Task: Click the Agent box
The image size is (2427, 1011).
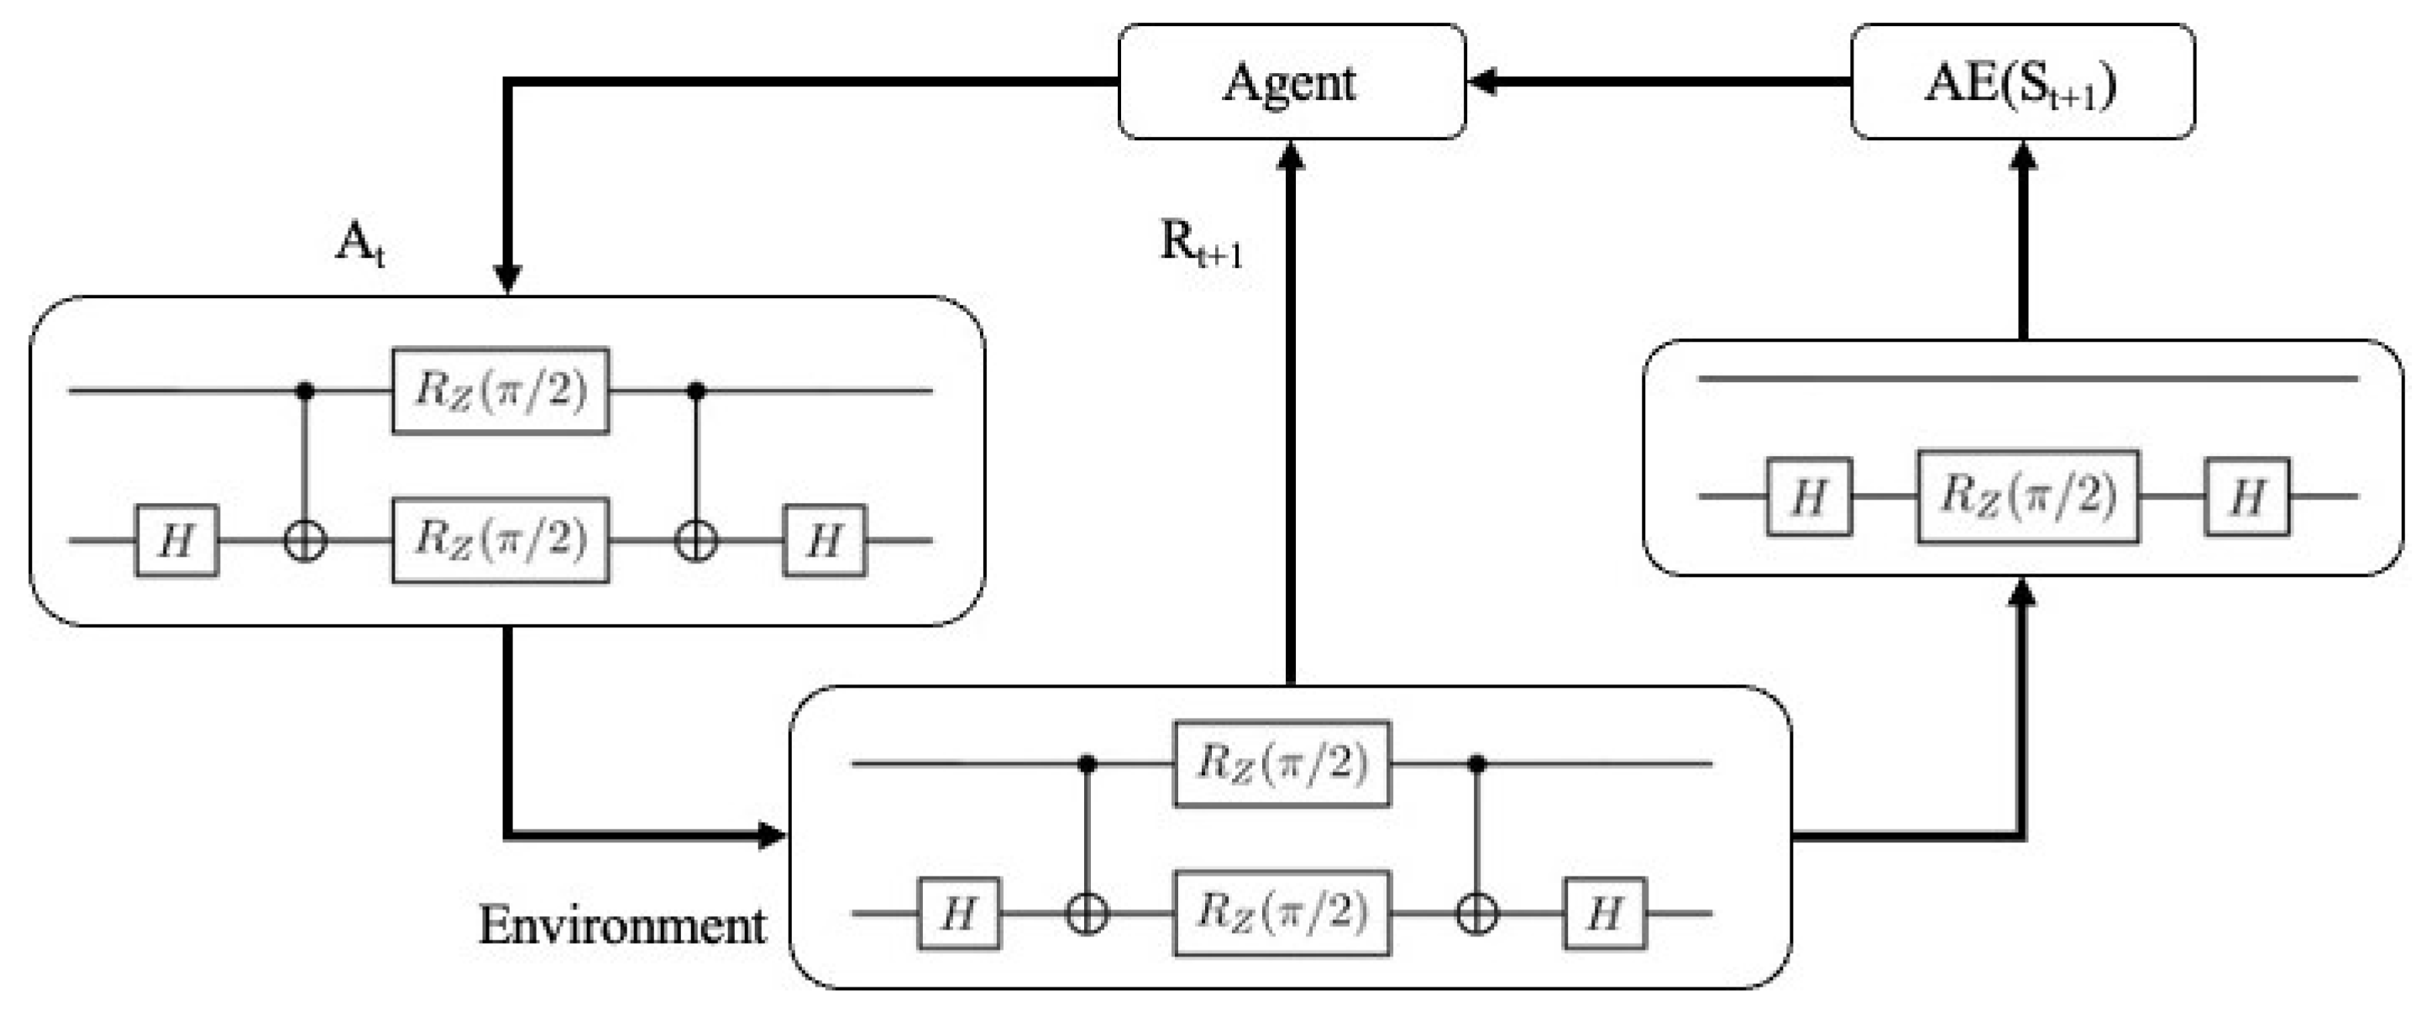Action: pos(1291,82)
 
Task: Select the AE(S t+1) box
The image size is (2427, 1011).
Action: pos(2022,82)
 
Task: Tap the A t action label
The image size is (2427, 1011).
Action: pos(360,247)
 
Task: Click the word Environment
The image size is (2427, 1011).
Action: pos(621,926)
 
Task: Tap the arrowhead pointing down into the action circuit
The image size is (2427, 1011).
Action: pos(508,279)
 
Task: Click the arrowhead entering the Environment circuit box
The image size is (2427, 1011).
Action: pos(772,835)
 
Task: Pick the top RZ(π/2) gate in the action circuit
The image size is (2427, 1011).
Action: pos(501,391)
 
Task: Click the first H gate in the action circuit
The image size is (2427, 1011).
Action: pos(177,541)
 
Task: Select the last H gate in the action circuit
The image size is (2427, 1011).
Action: pos(825,541)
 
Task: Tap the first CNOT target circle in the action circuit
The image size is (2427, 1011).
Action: pos(305,542)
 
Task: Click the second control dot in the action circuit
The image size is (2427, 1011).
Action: pos(696,390)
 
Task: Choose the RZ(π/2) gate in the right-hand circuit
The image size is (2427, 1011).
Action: pos(2027,496)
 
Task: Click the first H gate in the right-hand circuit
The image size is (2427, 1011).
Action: pos(1808,496)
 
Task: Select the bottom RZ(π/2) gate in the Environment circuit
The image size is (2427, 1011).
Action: pos(1282,913)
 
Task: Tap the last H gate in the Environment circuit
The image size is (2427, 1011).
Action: pos(1605,913)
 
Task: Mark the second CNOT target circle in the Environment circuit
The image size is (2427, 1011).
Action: pos(1476,913)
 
